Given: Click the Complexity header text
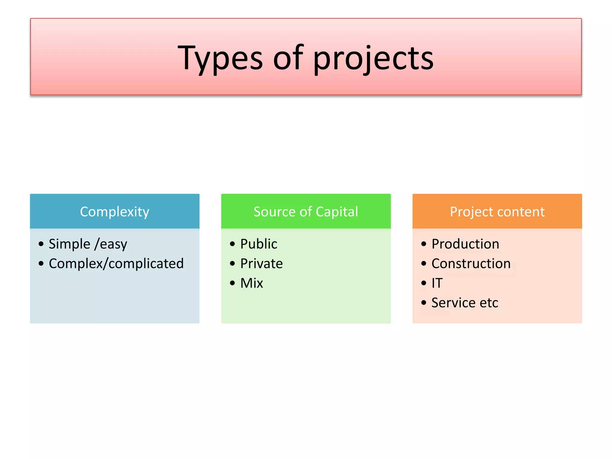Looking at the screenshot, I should pos(114,212).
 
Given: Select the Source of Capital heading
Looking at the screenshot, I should pos(306,212).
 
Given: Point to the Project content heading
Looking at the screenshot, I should pos(497,212).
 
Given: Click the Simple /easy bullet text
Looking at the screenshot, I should pos(88,244).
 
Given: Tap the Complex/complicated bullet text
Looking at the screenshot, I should pos(116,264).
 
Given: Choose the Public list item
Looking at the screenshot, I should pos(258,244).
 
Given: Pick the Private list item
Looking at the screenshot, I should pos(261,264).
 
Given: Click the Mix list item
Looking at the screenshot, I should pos(252,283).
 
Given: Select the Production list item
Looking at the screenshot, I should pos(465,244).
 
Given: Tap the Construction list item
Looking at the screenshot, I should pos(471,264).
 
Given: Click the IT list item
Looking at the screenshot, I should pos(437,283).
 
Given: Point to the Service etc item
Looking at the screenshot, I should pos(465,303).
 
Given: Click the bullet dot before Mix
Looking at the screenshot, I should pos(232,283).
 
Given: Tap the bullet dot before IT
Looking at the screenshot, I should pos(424,283).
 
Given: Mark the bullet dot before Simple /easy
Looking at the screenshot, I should pos(41,244).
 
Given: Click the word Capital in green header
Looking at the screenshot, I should pos(337,212).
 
